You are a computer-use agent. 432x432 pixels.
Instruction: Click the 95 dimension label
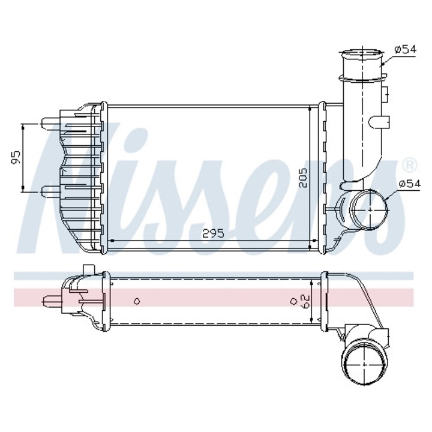[16, 158]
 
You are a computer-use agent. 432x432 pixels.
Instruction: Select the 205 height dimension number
[304, 178]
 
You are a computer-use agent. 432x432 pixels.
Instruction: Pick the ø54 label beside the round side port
[409, 184]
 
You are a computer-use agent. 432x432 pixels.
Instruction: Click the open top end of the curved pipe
[362, 57]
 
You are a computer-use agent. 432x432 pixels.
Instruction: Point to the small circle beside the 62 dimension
[293, 301]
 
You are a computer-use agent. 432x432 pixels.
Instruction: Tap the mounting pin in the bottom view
[52, 298]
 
